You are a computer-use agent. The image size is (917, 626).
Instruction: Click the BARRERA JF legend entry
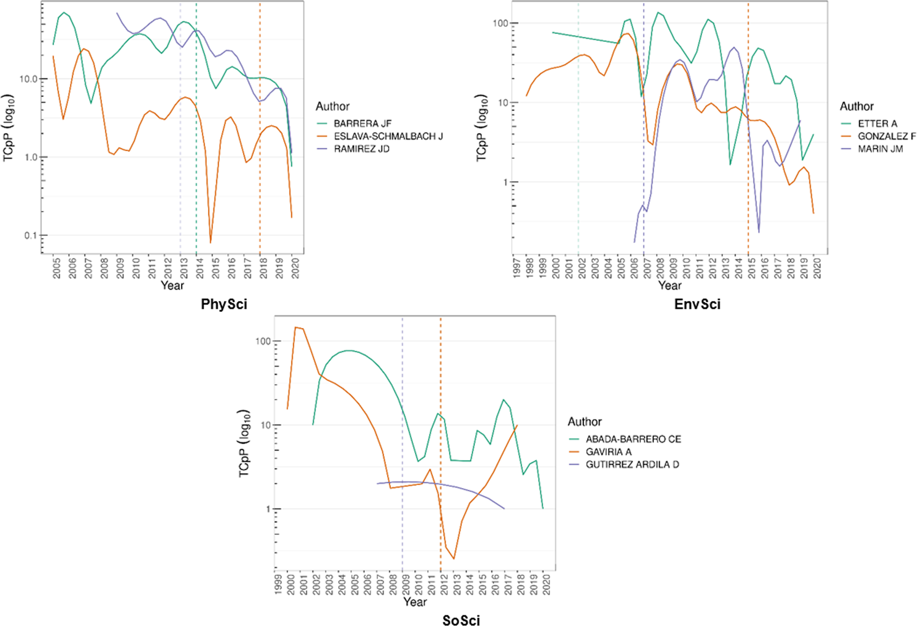tap(362, 124)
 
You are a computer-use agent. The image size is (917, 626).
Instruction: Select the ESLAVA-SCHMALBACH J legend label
tap(388, 136)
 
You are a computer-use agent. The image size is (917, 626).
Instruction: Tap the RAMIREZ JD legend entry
tap(361, 149)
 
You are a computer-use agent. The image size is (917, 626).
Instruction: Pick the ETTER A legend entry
tap(877, 124)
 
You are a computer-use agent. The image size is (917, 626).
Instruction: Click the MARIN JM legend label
tap(880, 149)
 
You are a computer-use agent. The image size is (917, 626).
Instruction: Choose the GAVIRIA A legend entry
tap(608, 452)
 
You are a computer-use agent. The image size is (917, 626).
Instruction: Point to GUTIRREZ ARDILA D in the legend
tap(632, 464)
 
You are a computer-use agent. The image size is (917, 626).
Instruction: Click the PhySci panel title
tap(224, 304)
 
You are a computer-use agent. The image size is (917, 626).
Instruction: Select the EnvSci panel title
tap(697, 304)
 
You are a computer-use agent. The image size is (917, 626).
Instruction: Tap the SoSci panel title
tap(461, 620)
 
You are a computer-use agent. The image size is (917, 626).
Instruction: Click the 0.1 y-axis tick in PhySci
tap(30, 236)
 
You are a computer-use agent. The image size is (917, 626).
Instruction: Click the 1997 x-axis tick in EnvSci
tap(516, 268)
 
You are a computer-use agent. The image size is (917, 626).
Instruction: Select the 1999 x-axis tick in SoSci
tap(278, 584)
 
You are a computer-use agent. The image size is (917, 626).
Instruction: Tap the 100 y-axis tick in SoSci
tap(263, 341)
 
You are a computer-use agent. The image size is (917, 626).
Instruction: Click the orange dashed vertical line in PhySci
tap(260, 138)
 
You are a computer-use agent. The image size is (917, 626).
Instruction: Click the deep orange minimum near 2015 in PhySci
tap(211, 242)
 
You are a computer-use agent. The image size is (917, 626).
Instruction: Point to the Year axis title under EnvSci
tap(670, 286)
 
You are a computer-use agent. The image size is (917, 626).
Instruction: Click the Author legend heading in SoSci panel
tap(584, 422)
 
